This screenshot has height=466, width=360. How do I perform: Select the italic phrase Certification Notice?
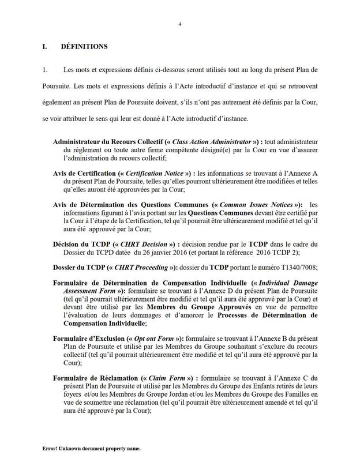click(156, 172)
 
